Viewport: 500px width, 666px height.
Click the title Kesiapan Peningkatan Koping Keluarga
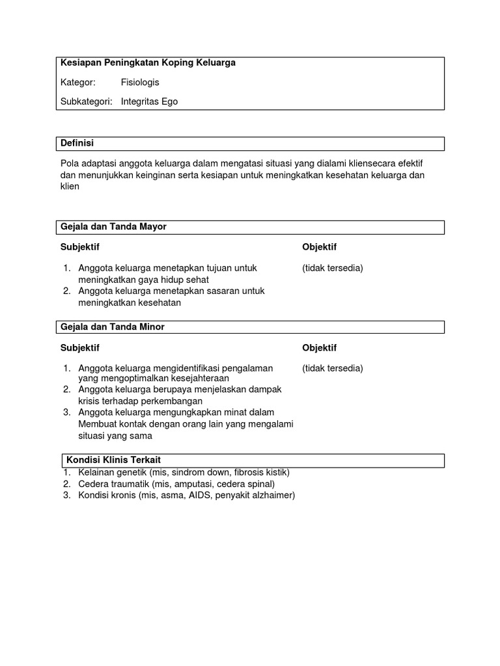[x=148, y=63]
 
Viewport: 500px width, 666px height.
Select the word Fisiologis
[x=140, y=83]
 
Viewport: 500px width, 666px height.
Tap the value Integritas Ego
[x=149, y=101]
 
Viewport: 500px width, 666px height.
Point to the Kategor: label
[x=78, y=83]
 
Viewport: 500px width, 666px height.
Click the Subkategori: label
[x=87, y=101]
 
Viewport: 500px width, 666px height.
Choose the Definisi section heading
[x=77, y=143]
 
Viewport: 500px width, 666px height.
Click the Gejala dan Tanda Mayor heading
[x=113, y=226]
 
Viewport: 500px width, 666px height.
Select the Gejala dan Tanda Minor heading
[x=113, y=326]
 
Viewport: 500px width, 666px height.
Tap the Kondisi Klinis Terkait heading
[x=113, y=460]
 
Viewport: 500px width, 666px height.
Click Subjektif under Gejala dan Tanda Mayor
[x=80, y=247]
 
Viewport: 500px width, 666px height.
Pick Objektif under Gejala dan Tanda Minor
[x=319, y=348]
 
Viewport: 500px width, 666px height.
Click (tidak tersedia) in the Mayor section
[x=333, y=268]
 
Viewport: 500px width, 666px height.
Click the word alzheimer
[x=272, y=496]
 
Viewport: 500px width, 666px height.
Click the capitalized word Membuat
[x=98, y=424]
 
